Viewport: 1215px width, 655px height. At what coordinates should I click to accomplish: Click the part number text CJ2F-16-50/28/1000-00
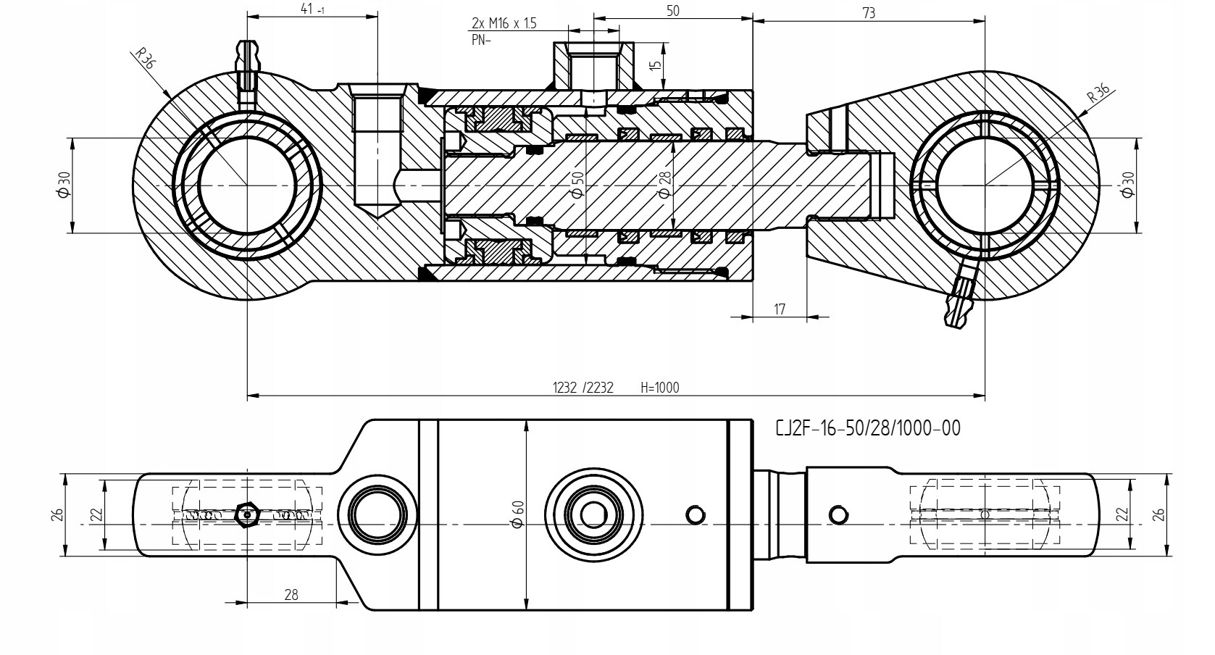pyautogui.click(x=867, y=429)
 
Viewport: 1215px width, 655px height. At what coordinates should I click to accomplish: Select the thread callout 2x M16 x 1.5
pyautogui.click(x=504, y=23)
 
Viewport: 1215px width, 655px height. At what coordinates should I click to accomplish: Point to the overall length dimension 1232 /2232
pyautogui.click(x=583, y=388)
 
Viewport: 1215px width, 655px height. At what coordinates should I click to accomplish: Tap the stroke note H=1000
pyautogui.click(x=660, y=388)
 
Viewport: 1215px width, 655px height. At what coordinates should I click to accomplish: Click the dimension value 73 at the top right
pyautogui.click(x=869, y=12)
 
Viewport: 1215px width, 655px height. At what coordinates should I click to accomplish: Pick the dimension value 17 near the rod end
pyautogui.click(x=780, y=309)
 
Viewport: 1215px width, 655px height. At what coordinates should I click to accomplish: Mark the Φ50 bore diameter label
pyautogui.click(x=577, y=185)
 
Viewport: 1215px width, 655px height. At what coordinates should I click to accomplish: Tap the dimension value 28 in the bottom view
pyautogui.click(x=291, y=594)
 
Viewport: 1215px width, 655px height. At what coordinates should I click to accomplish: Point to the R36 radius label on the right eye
pyautogui.click(x=1098, y=93)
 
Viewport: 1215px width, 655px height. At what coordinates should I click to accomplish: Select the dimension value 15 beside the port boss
pyautogui.click(x=656, y=65)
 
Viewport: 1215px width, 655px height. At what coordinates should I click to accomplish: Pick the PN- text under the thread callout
pyautogui.click(x=480, y=40)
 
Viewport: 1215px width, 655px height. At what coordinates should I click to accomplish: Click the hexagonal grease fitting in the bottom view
pyautogui.click(x=248, y=514)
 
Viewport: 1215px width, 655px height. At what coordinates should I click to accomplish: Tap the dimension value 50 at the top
pyautogui.click(x=672, y=11)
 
